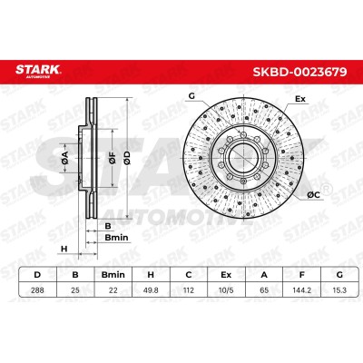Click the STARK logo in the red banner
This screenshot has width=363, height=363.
38,71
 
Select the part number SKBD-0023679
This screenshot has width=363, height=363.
299,72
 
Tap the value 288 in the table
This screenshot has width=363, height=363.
37,290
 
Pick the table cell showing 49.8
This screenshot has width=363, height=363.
151,290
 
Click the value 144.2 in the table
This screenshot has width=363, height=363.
301,290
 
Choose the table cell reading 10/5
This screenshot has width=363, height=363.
226,290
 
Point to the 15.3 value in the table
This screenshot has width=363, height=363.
339,290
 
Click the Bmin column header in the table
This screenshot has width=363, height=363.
113,275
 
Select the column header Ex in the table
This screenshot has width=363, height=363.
226,275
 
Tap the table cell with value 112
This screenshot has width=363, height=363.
189,290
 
